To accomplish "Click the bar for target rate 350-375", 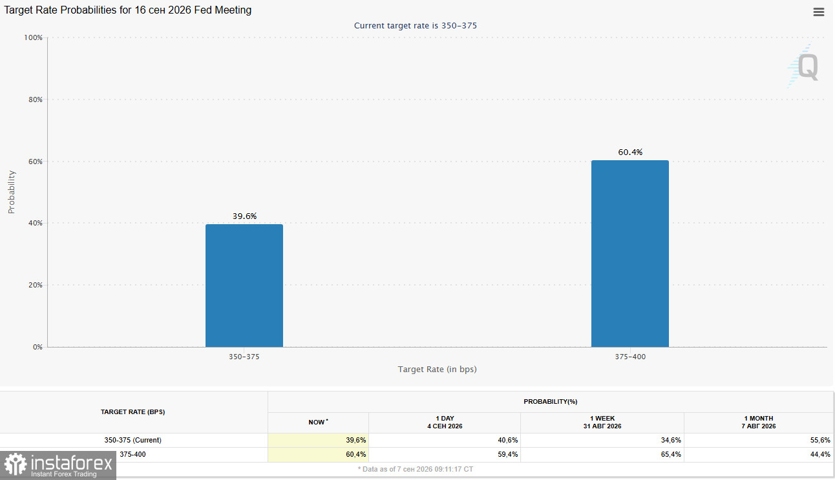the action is click(244, 286).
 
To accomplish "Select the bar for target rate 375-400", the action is click(630, 253).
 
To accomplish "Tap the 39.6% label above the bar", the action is click(244, 216).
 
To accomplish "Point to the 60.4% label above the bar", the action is click(630, 152).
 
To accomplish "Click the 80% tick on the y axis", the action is click(36, 99).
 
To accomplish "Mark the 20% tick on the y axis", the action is click(36, 285).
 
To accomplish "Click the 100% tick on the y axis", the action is click(33, 37).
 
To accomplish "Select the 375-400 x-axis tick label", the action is click(630, 357).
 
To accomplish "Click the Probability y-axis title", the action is click(11, 192).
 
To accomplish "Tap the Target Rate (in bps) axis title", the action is click(437, 370).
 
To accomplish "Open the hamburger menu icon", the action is click(819, 12).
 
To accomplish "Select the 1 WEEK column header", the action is click(602, 423).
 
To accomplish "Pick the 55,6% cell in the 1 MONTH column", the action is click(820, 440).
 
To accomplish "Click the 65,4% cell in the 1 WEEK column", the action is click(671, 454).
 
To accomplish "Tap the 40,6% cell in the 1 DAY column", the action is click(508, 440).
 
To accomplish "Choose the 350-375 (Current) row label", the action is click(132, 440).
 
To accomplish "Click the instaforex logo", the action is click(58, 466).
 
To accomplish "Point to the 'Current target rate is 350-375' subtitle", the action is click(416, 26).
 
